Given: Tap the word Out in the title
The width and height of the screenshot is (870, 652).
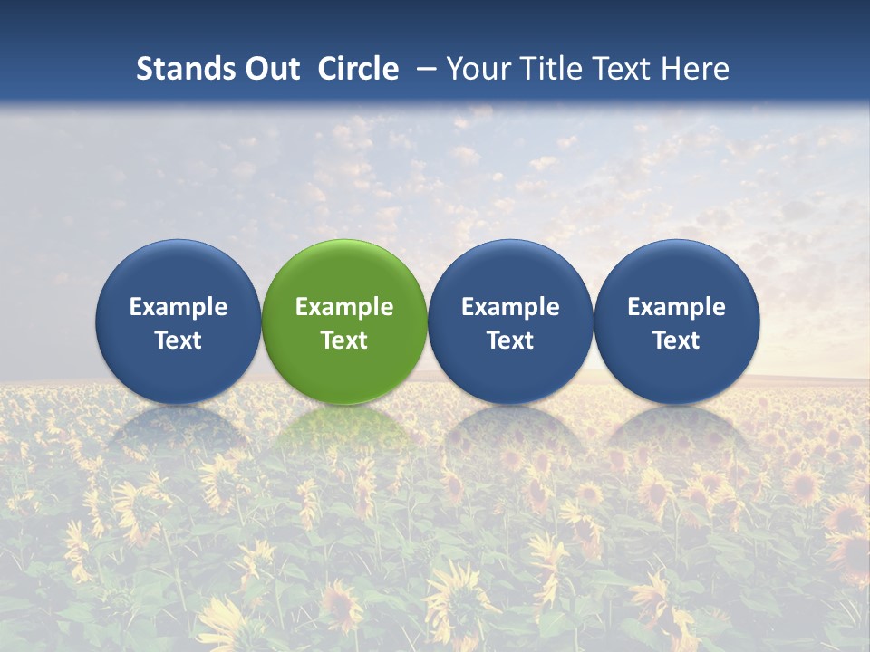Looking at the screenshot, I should pos(270,69).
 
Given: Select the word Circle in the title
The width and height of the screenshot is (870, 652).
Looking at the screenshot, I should pos(358,69).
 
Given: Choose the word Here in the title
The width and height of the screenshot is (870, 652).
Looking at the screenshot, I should pos(697,69).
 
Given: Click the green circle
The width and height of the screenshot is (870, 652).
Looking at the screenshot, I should pos(344,272).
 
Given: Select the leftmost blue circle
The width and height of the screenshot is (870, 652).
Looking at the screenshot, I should pos(179,272).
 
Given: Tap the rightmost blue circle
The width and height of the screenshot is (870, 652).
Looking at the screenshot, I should pos(677,272).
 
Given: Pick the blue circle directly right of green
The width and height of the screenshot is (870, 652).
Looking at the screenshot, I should pos(510,272).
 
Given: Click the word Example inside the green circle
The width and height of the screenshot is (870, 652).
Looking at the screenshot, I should pos(344,307).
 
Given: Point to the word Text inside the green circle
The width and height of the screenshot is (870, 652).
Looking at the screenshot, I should pos(344,340).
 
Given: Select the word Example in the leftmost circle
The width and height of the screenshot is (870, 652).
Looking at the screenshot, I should pos(179,307).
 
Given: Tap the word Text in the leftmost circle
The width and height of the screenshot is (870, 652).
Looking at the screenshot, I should pos(179,340).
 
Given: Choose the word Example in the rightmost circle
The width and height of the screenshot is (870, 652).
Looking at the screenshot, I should pos(677,307).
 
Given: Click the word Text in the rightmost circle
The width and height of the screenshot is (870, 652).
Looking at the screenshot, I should pos(677,340).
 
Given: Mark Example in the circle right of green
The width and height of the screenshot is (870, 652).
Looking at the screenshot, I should pos(510,307).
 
